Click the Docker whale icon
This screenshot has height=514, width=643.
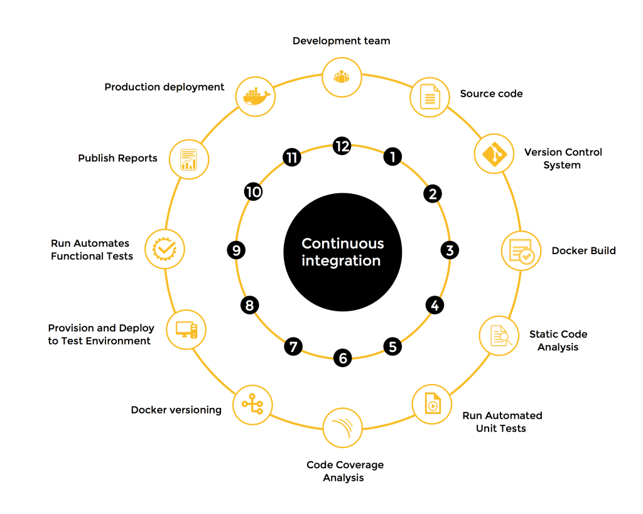(x=255, y=96)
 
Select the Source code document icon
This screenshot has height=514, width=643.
(x=430, y=97)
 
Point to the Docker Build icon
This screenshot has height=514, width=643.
(x=521, y=251)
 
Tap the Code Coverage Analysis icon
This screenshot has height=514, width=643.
(x=342, y=427)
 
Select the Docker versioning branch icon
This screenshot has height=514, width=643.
(x=252, y=405)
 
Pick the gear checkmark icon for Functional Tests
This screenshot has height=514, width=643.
(x=165, y=249)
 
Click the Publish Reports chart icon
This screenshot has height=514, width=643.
(x=188, y=159)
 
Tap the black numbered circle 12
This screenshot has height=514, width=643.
(x=342, y=146)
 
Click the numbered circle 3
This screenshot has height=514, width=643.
(x=449, y=250)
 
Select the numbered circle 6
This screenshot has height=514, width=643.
(x=342, y=358)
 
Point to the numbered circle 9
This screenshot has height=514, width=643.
(x=236, y=250)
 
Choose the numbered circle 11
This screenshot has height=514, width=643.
(x=291, y=157)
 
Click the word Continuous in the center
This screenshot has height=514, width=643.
(x=342, y=244)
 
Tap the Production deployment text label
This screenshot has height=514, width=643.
(x=164, y=87)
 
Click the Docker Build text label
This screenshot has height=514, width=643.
(x=583, y=251)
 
